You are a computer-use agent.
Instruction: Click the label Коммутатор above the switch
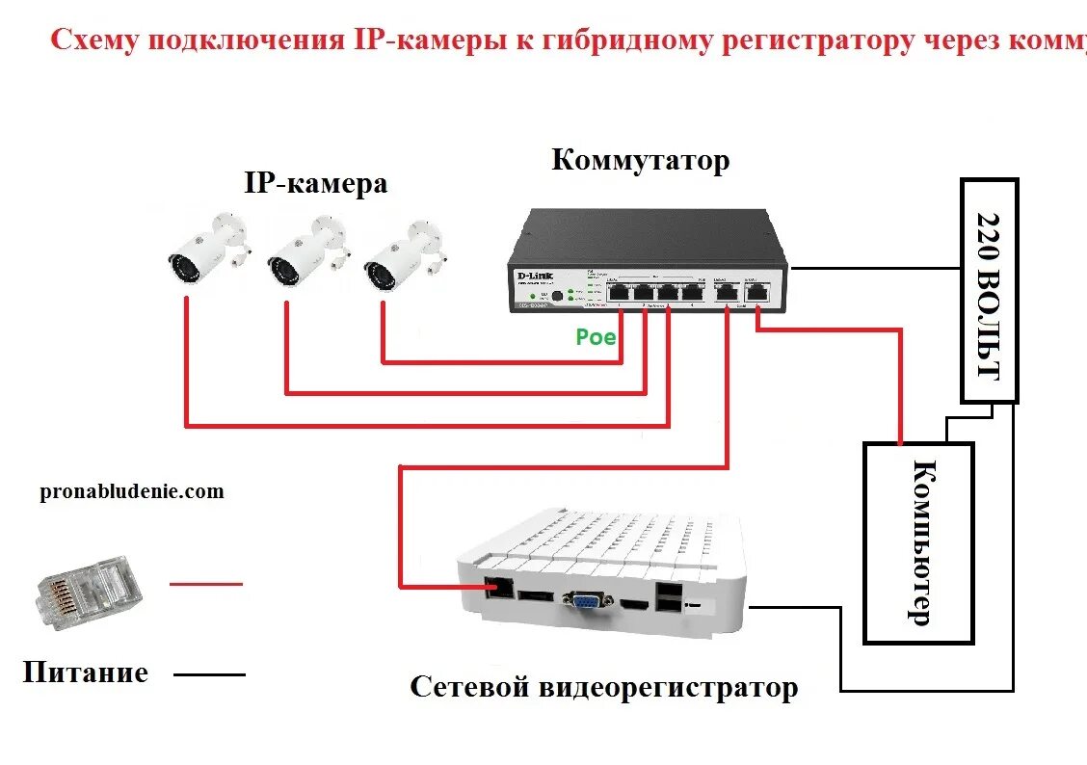640,160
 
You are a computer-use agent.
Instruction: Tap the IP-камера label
315,183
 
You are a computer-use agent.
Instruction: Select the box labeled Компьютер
918,542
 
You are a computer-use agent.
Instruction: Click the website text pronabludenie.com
132,491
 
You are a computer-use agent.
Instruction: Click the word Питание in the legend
86,672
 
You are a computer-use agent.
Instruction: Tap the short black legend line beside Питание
209,674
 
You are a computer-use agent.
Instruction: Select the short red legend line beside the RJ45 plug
206,584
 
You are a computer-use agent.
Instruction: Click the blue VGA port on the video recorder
585,602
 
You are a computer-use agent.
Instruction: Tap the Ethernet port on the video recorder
499,586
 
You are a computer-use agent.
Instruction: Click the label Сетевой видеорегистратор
603,688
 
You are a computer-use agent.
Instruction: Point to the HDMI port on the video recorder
633,604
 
